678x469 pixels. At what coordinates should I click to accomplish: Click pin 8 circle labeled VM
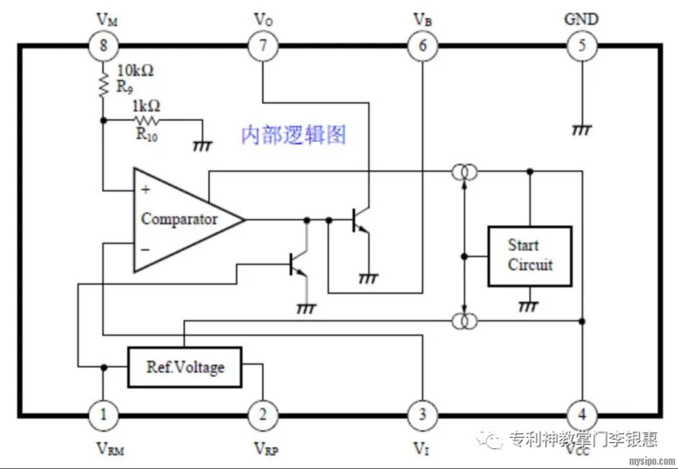pos(104,45)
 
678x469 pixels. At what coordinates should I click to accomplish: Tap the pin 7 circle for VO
pos(263,45)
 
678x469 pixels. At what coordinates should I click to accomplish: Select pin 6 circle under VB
pos(422,45)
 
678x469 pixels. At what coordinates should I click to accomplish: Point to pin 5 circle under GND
pos(581,45)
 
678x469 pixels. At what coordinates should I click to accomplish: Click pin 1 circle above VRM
pos(104,415)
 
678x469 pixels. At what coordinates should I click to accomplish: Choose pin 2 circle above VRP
pos(263,415)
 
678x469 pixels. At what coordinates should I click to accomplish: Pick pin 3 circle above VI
pos(422,415)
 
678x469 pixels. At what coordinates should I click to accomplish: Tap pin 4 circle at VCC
pos(581,415)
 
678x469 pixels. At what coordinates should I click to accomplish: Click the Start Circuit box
pos(529,256)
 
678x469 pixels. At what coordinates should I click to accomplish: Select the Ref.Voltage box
pos(185,367)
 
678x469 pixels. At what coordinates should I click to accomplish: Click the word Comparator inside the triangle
pos(179,219)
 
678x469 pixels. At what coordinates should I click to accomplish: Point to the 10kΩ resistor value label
pos(135,71)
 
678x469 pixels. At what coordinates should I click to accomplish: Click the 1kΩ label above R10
pos(146,106)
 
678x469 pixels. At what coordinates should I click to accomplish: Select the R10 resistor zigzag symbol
pos(146,120)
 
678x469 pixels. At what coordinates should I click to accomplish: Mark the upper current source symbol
pos(464,172)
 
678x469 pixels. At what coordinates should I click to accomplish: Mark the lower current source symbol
pos(464,321)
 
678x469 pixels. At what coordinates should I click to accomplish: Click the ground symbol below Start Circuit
pos(529,306)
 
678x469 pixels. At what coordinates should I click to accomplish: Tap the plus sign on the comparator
pos(146,190)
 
